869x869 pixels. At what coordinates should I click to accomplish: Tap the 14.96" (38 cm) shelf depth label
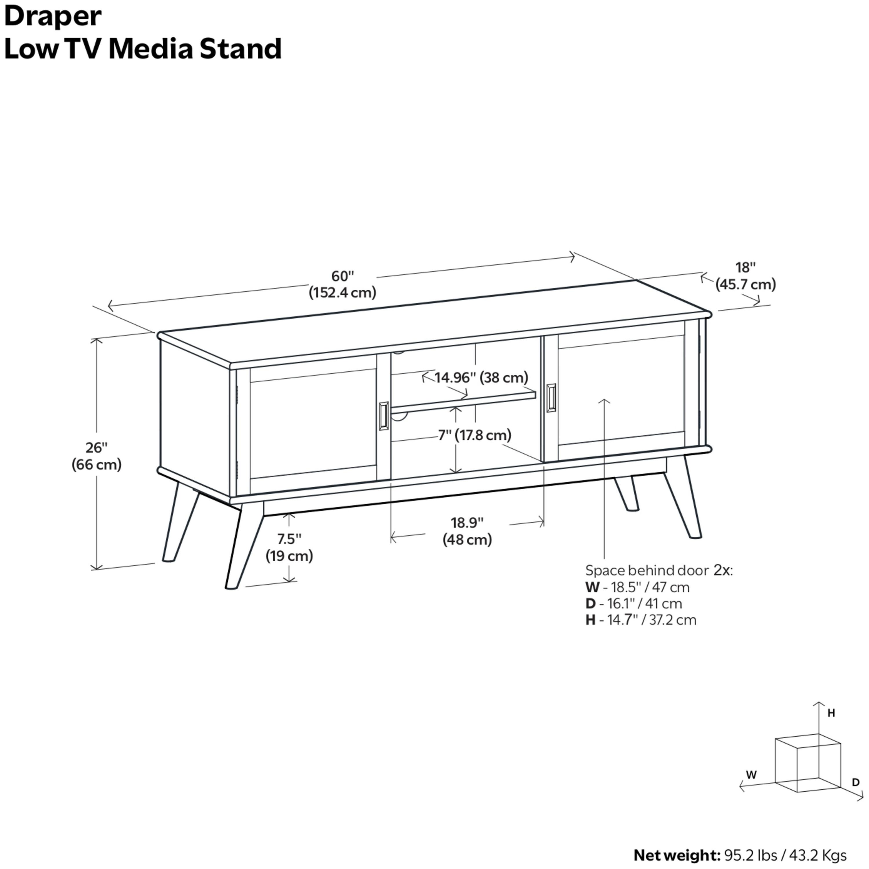tap(481, 377)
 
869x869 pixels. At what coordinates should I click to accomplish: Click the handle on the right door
tap(551, 398)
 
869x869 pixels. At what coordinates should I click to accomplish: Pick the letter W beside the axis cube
tap(751, 775)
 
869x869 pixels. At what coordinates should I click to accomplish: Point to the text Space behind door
tap(647, 571)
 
